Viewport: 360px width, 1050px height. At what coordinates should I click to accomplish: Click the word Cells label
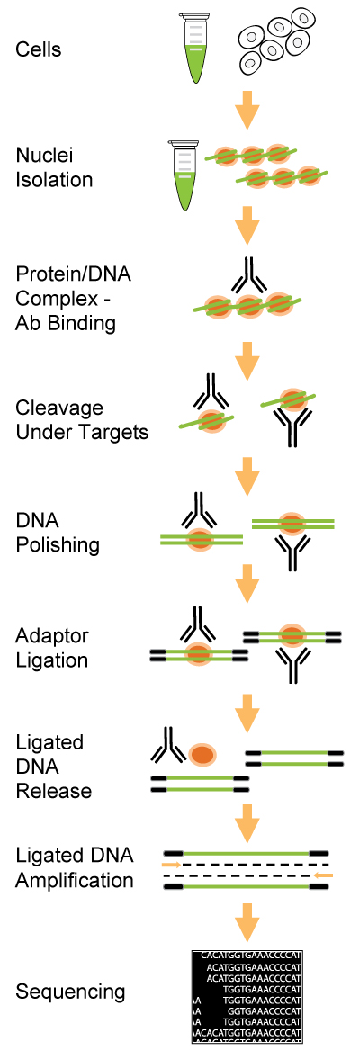(x=38, y=49)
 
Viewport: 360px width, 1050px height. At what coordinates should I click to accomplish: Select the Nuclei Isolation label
(x=54, y=168)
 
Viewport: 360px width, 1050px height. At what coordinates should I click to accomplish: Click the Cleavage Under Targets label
(x=82, y=419)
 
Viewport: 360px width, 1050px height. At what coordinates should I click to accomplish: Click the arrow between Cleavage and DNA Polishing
(x=248, y=474)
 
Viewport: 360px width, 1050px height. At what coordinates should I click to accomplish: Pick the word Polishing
(x=58, y=545)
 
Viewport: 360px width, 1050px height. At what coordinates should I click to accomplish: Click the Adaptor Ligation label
(x=52, y=648)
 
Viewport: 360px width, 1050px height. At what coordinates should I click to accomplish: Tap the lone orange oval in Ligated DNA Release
(x=202, y=754)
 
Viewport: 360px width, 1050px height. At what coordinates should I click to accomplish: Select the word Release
(x=54, y=791)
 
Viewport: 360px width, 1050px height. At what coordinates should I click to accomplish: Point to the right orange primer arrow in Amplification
(x=324, y=875)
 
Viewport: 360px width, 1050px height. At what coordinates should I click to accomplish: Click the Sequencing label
(x=70, y=992)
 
